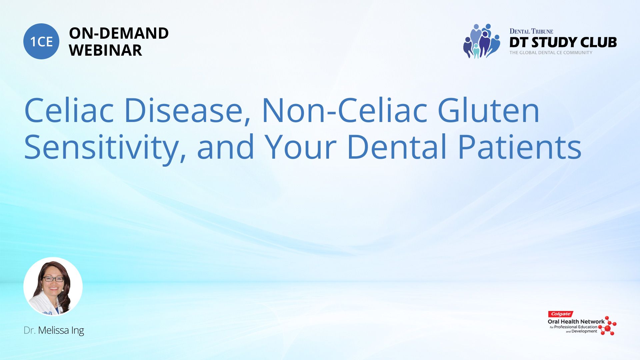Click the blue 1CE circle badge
(x=41, y=41)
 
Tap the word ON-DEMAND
(x=119, y=33)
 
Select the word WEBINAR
(x=105, y=50)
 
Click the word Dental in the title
(x=397, y=147)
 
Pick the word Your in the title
(x=301, y=147)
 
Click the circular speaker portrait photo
(x=53, y=286)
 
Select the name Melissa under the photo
(x=53, y=330)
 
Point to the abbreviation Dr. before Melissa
(x=29, y=330)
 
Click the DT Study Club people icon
(x=482, y=41)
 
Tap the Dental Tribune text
(x=531, y=31)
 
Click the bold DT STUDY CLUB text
(x=563, y=42)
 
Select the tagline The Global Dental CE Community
(x=551, y=53)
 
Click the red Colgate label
(x=561, y=314)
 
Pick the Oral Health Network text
(x=576, y=322)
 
